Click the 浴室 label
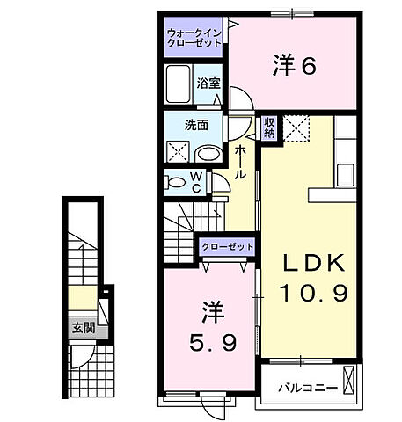[208, 85]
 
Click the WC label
[197, 182]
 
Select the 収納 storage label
[270, 128]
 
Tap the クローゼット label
[227, 247]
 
